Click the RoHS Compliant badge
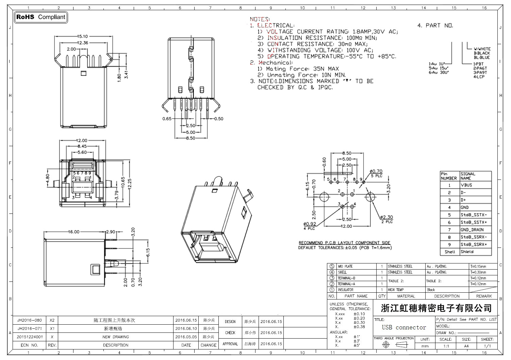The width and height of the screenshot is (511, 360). click(x=40, y=17)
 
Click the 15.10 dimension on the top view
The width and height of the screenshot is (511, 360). click(x=82, y=36)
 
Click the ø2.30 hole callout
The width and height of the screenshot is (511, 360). click(x=386, y=217)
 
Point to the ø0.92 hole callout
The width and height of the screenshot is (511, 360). click(x=310, y=224)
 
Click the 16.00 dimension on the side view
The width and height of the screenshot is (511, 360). click(x=73, y=232)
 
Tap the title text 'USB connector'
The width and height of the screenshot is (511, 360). click(x=404, y=327)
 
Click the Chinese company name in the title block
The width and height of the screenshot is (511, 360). click(x=436, y=308)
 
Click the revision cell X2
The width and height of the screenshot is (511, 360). click(x=52, y=320)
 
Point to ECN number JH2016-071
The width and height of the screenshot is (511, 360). click(x=30, y=329)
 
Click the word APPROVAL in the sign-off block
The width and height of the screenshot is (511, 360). click(x=230, y=344)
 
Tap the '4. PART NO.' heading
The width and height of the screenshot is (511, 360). click(x=435, y=25)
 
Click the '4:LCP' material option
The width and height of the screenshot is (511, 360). click(x=479, y=77)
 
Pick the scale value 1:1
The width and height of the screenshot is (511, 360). click(x=446, y=346)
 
